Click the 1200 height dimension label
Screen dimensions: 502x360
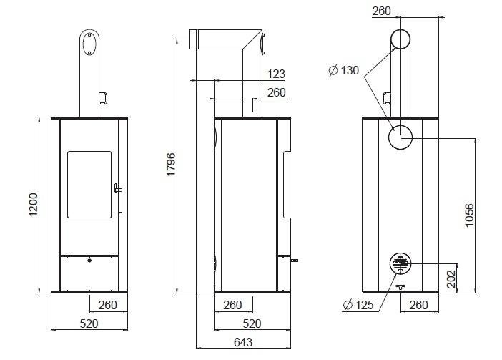(34, 205)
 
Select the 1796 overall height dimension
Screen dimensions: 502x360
(171, 165)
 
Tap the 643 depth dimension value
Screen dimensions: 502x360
(243, 342)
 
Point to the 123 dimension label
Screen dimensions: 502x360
(276, 74)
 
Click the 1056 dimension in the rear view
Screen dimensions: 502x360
(469, 215)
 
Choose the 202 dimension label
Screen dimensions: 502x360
(451, 278)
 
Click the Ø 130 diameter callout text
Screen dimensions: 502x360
(344, 70)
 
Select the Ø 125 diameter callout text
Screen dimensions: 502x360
(358, 305)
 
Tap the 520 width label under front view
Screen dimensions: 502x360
(89, 323)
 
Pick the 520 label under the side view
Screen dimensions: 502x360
(252, 323)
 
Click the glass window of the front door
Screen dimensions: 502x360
(89, 185)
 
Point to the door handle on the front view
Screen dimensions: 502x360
(119, 198)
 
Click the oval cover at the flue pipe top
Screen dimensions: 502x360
(89, 44)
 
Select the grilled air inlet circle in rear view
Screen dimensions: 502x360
(400, 263)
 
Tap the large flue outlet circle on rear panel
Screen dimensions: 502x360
(400, 137)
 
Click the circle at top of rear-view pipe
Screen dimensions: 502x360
(400, 39)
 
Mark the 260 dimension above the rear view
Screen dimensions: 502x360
(381, 11)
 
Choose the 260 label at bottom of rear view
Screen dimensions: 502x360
(418, 305)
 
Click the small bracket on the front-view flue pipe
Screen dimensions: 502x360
(103, 98)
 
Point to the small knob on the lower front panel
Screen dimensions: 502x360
(89, 261)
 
